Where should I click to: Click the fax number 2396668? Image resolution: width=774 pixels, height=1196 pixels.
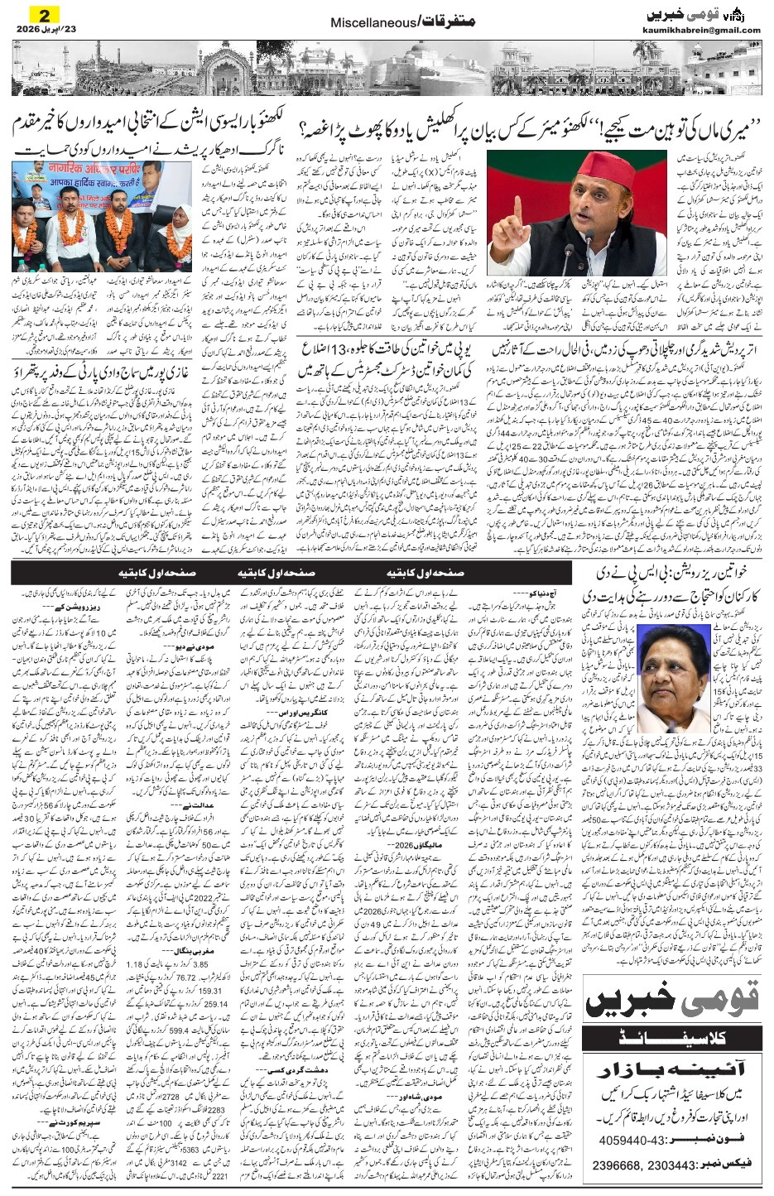pos(621,1165)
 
